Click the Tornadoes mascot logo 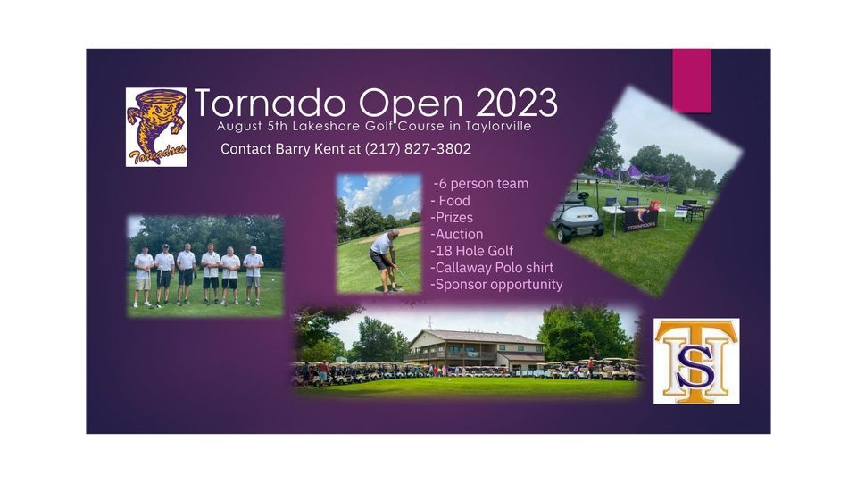(156, 126)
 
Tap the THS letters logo (695, 360)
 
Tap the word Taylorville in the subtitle (495, 127)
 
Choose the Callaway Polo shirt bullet (492, 268)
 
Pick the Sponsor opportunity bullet (496, 285)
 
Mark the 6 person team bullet (481, 184)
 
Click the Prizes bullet (452, 217)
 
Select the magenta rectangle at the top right (692, 80)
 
